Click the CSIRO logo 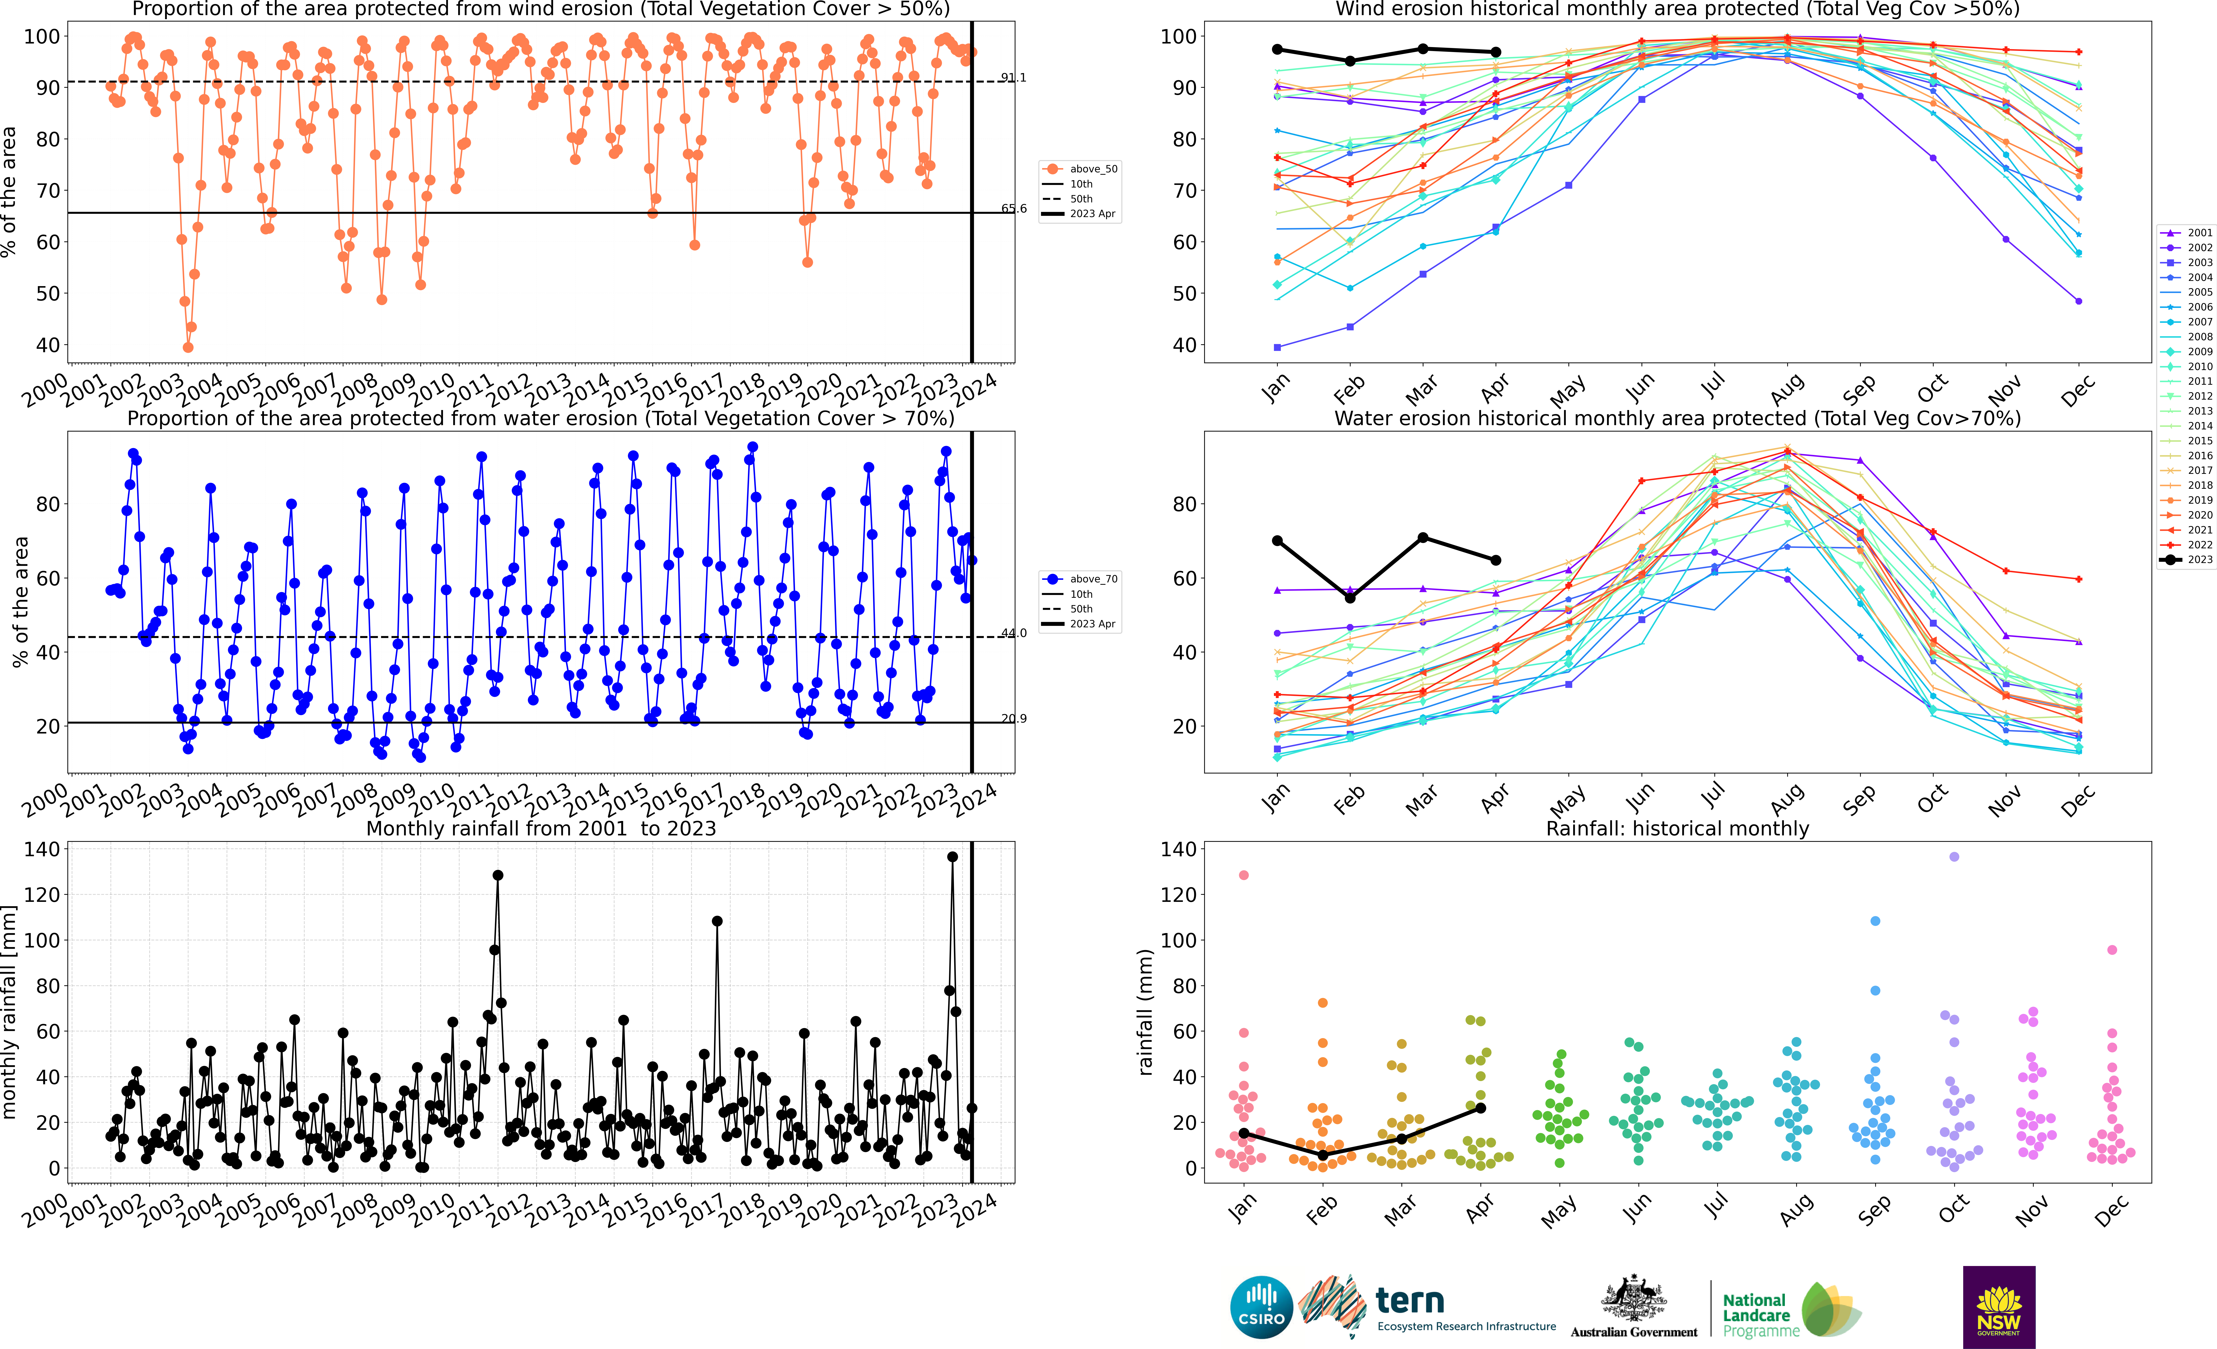click(1260, 1307)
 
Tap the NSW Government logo click(1998, 1307)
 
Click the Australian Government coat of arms click(1633, 1298)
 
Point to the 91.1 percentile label click(1013, 77)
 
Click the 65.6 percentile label click(1013, 209)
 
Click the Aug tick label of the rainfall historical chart click(1795, 1209)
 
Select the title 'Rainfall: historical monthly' click(1677, 828)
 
